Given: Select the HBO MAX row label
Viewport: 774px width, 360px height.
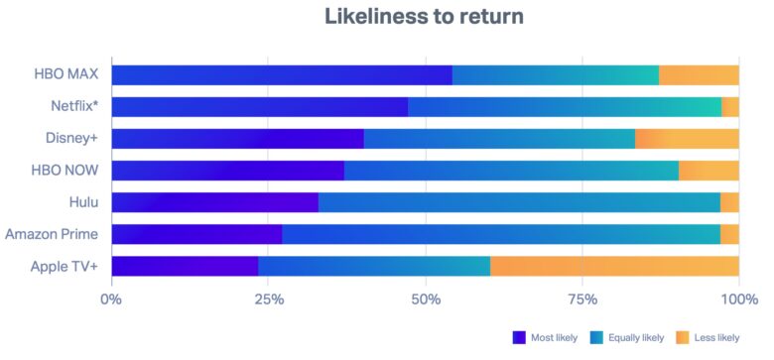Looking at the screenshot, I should (64, 74).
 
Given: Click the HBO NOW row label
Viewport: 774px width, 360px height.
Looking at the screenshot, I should (64, 171).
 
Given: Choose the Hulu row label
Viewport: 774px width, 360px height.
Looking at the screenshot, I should (83, 202).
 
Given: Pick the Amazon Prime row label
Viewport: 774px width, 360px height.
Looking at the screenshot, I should (52, 234).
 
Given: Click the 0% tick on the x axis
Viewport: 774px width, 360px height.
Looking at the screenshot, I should (111, 299).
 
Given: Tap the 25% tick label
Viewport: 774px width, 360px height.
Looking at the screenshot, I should (268, 299).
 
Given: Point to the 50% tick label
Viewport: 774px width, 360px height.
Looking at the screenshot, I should (426, 299).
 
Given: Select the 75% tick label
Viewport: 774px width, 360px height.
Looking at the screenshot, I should (582, 299).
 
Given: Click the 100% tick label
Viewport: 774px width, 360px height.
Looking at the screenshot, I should (738, 299).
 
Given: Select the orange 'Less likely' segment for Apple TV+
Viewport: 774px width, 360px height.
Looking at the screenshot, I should (614, 266).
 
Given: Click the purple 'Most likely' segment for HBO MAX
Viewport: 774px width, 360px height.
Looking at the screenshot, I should (281, 74).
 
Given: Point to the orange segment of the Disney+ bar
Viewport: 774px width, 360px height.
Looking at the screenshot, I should (687, 139).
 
